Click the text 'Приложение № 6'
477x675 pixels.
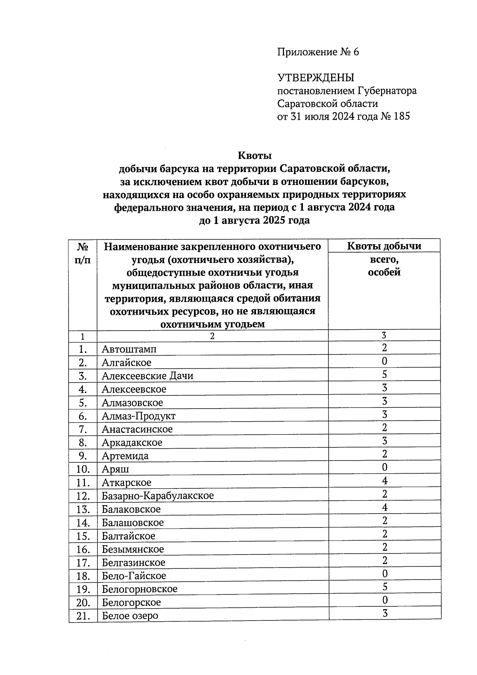coord(318,52)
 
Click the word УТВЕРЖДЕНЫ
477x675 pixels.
coord(315,78)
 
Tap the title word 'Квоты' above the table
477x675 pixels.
coord(254,155)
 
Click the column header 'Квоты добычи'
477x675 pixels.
coord(384,246)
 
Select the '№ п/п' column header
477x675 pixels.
coord(83,253)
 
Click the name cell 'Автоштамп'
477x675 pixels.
coord(129,349)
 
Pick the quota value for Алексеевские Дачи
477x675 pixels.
coord(384,375)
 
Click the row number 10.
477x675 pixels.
coord(83,469)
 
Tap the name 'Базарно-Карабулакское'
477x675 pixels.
coord(157,496)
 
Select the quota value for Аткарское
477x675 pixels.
coord(384,481)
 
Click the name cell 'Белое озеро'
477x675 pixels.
coord(130,616)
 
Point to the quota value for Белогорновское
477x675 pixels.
coord(384,587)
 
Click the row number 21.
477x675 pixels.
coord(83,616)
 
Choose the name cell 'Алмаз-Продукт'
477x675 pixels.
coord(138,416)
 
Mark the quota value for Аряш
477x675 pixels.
coord(384,467)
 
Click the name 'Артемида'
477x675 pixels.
coord(125,456)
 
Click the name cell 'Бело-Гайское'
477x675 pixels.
coord(134,576)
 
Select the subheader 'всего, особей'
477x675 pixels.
coord(384,266)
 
